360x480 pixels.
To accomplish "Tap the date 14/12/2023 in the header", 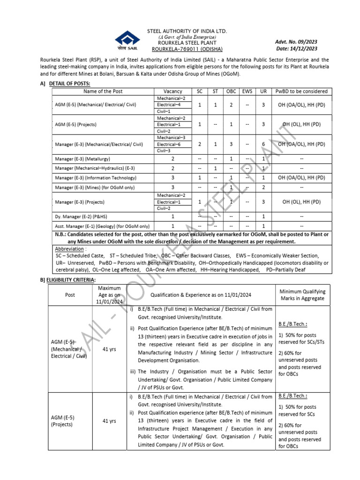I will click(296, 48).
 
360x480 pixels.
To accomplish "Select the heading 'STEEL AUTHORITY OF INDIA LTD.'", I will click(187, 31).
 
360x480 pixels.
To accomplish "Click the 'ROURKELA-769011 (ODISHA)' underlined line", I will click(187, 49).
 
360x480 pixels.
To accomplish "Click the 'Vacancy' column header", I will click(173, 91).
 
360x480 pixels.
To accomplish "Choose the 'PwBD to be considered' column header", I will click(301, 91).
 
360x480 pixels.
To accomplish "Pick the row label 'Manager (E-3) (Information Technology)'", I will click(96, 178).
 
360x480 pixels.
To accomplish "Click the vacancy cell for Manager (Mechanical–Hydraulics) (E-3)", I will click(173, 169).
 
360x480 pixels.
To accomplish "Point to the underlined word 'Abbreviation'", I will click(69, 248).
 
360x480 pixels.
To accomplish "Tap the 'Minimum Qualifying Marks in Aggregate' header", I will click(302, 295).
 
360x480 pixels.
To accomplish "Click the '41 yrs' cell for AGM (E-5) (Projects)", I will click(109, 421).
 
